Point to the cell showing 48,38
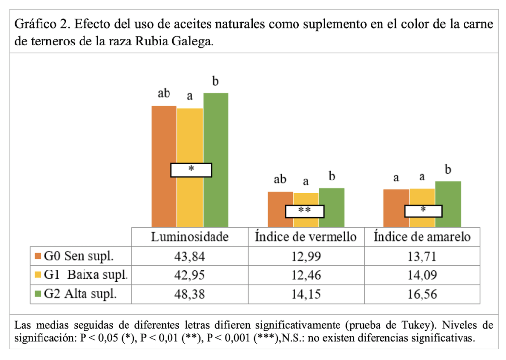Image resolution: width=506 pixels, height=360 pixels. coord(190,294)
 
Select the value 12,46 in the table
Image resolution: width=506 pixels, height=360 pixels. coord(306,274)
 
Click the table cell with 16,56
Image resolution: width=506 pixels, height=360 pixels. coord(422,294)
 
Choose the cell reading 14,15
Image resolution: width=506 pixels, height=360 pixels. coord(306,294)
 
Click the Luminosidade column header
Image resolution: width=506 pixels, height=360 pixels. coord(190,237)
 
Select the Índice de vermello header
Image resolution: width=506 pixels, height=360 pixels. coord(306,237)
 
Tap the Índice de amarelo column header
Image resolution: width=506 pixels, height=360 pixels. coord(422,237)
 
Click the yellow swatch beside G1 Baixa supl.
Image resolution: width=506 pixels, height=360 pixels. coord(38,275)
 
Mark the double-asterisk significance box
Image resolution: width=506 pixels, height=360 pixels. coord(304,211)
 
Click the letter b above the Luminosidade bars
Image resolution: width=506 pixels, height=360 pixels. coord(216,81)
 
